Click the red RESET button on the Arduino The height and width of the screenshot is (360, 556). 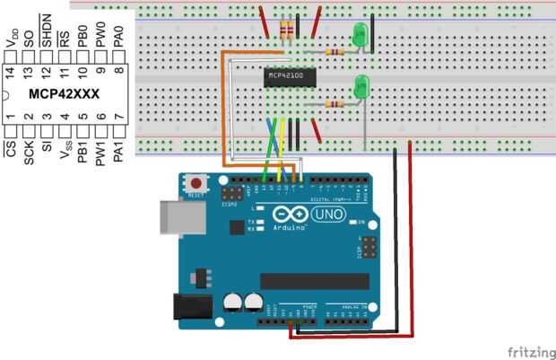[195, 183]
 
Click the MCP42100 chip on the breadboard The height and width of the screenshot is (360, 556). [286, 77]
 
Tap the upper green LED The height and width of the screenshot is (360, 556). [361, 36]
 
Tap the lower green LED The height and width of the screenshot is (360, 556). [363, 86]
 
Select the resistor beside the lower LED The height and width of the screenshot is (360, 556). [336, 105]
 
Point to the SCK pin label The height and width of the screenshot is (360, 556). [29, 152]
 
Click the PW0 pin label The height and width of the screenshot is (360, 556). [101, 37]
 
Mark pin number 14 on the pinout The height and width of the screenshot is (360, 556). [10, 70]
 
